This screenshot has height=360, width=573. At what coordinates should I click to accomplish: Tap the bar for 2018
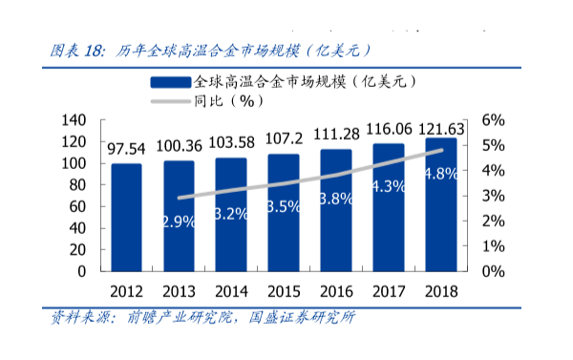439,204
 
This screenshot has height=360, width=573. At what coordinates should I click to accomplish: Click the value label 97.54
126,149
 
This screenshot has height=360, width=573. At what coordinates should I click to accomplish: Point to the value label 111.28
335,133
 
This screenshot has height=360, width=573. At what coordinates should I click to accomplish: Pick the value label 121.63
441,129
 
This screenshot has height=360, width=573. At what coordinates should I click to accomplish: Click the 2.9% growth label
179,222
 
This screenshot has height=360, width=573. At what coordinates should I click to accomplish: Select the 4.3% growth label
388,187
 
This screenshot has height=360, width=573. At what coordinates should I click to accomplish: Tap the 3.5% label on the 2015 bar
284,206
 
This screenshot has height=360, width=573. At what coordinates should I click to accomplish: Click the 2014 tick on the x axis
231,290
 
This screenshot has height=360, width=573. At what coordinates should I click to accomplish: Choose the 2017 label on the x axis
388,290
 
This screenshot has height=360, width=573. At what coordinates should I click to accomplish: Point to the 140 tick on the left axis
74,120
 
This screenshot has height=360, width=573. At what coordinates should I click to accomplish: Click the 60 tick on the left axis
78,206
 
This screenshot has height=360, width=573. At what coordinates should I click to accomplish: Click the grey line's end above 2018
440,150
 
